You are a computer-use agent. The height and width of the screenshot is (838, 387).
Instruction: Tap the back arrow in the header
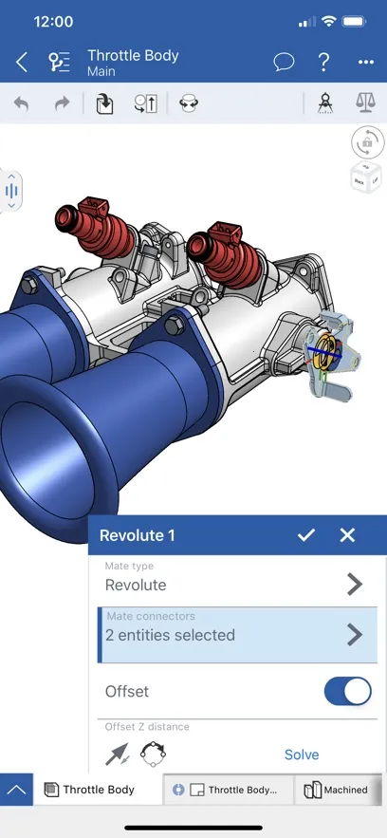tap(22, 63)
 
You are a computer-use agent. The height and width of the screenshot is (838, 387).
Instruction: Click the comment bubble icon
tap(284, 63)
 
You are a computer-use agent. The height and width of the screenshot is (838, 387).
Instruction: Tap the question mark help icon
tap(324, 63)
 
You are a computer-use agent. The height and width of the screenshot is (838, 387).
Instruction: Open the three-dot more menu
tap(366, 63)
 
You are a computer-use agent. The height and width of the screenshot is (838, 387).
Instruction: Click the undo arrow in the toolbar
tap(21, 103)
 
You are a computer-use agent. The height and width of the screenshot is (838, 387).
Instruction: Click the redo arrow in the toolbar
tap(62, 103)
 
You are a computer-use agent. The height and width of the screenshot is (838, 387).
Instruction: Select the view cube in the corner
tap(366, 177)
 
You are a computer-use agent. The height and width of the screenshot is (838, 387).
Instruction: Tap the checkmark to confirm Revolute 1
tap(305, 535)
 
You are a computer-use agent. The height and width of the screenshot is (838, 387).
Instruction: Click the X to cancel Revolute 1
tap(347, 535)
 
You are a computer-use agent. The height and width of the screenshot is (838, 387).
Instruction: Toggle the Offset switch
tap(347, 692)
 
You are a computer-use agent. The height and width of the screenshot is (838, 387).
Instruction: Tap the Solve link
tap(302, 754)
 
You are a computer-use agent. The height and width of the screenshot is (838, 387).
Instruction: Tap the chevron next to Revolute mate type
tap(355, 585)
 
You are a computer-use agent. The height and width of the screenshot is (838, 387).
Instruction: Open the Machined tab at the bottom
tap(338, 790)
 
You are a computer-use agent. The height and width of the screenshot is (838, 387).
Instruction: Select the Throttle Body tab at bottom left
tap(90, 790)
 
